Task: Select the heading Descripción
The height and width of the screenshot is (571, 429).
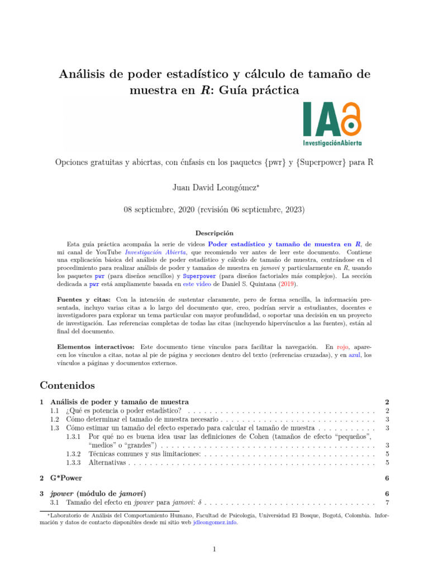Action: [x=214, y=233]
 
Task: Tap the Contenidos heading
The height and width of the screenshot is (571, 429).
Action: [x=68, y=385]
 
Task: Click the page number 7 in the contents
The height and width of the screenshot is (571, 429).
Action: [x=387, y=504]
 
